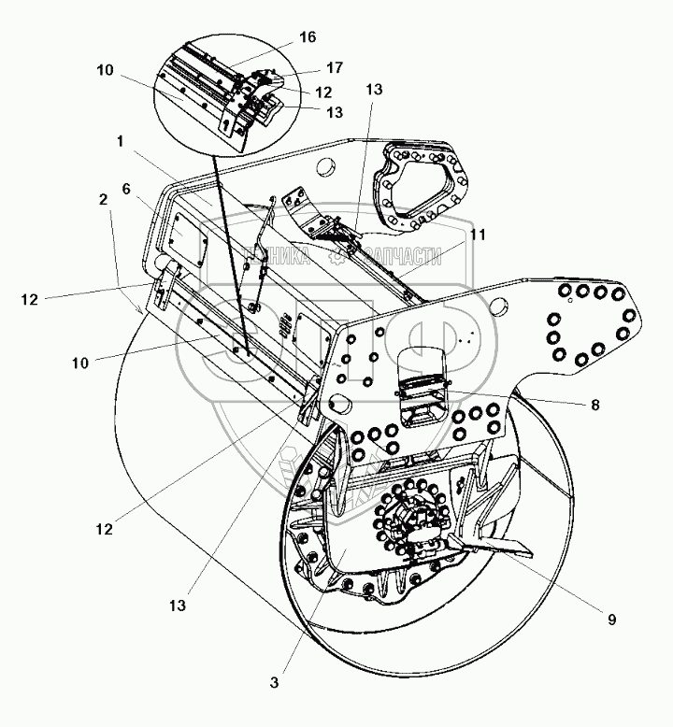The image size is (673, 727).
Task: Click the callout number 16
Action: (308, 37)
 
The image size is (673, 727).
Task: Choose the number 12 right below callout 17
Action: (322, 93)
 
